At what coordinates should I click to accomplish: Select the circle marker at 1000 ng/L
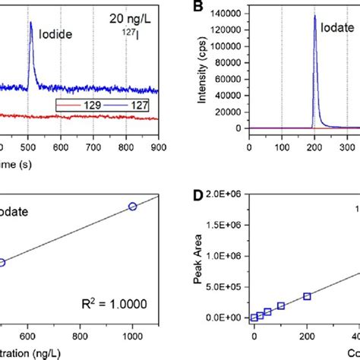132,206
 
